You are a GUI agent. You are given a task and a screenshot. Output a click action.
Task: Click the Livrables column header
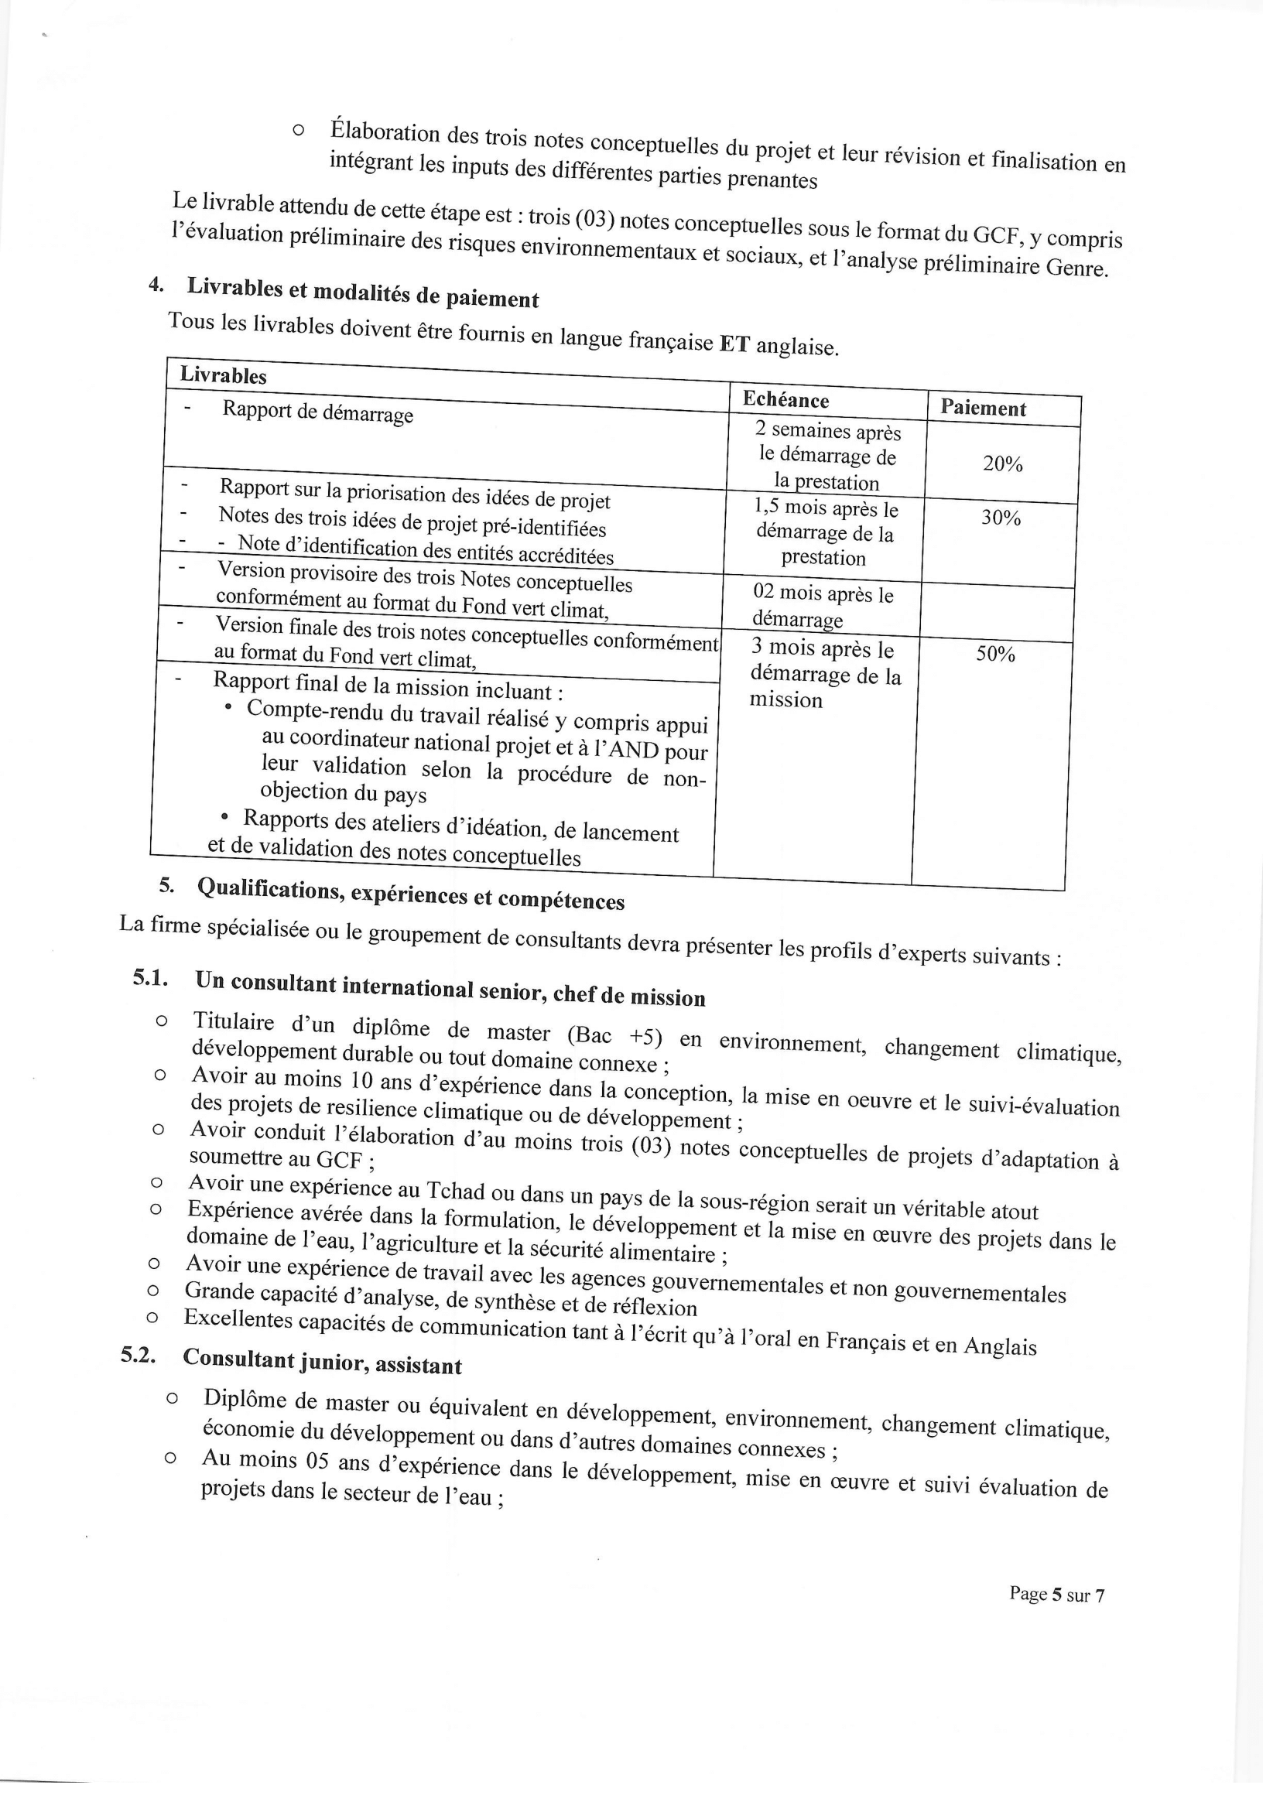(x=223, y=375)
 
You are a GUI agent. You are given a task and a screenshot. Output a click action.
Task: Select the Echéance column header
(x=785, y=400)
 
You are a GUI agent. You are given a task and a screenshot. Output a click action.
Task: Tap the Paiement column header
(x=983, y=408)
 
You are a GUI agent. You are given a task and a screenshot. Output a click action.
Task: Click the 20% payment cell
(x=1001, y=464)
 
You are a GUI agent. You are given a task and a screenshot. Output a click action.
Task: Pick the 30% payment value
(x=1000, y=518)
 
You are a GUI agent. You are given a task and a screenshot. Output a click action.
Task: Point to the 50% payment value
(x=995, y=654)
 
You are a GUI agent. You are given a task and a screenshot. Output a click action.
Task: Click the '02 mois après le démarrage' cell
(x=822, y=605)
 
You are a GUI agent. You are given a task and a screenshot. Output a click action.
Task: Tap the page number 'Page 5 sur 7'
(x=1056, y=1595)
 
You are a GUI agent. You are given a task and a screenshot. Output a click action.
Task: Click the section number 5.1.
(x=152, y=979)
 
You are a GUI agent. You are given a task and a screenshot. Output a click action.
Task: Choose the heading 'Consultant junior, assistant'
(x=323, y=1362)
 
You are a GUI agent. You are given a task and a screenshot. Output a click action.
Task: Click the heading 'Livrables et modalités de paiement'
(x=362, y=293)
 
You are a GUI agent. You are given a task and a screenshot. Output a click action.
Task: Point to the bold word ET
(x=733, y=344)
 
